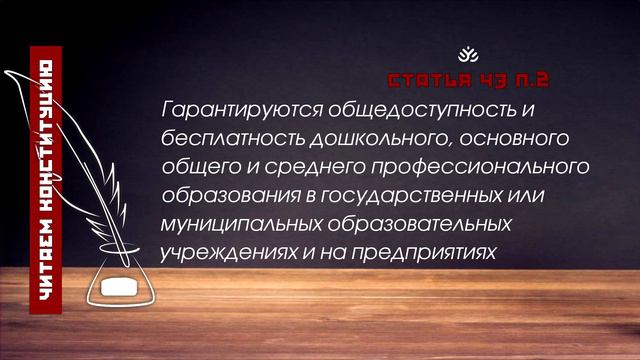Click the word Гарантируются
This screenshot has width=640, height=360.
(x=221, y=106)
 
